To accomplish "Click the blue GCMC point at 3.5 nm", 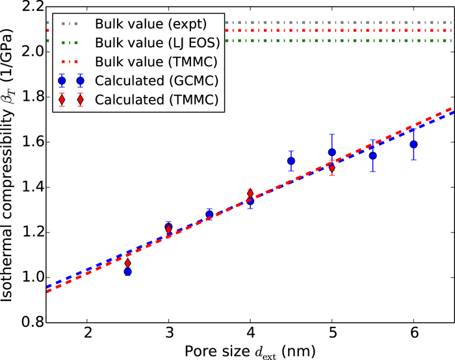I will coord(209,214).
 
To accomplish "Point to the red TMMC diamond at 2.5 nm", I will coord(128,263).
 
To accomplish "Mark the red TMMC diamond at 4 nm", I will coord(250,194).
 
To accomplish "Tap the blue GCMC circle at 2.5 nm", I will coord(128,272).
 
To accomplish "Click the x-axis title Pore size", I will coord(250,351).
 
